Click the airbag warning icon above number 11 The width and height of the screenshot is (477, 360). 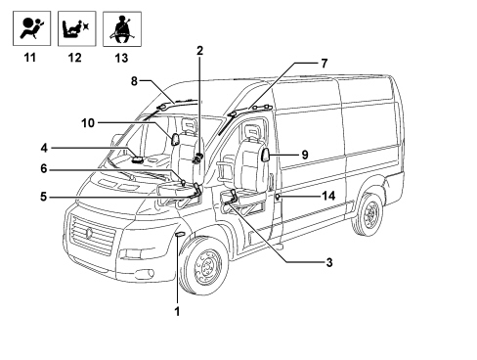click(32, 28)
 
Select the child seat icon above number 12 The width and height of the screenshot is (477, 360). click(77, 28)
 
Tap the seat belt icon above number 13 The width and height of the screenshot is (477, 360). click(122, 29)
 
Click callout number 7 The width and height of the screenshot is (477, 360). click(324, 64)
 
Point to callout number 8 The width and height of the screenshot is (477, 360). click(134, 81)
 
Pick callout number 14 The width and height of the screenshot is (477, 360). click(328, 196)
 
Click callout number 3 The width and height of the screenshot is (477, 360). click(329, 262)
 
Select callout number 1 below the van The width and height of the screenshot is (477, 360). click(177, 311)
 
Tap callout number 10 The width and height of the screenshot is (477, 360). click(88, 123)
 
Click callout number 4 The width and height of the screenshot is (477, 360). click(44, 148)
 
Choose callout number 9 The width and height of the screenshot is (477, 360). click(305, 155)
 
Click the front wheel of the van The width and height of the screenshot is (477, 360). click(203, 265)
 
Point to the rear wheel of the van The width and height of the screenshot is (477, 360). click(369, 213)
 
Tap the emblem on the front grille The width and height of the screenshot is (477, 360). click(89, 233)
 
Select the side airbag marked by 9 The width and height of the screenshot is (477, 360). click(266, 155)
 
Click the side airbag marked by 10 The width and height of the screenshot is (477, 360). click(176, 139)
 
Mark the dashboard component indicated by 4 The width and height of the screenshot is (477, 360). click(137, 159)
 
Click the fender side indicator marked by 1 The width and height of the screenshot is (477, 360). click(180, 234)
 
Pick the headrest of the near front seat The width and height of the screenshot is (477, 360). click(252, 131)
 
